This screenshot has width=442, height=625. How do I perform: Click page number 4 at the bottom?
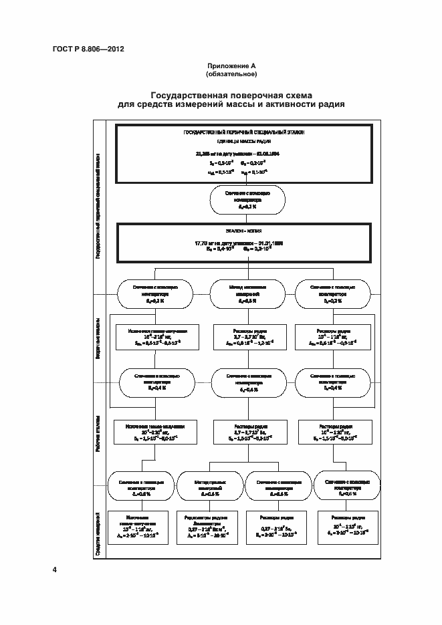(55, 570)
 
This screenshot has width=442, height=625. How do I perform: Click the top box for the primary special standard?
(245, 154)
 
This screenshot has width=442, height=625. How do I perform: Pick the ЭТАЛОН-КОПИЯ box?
(245, 243)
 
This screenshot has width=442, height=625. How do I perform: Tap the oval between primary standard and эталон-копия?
(248, 200)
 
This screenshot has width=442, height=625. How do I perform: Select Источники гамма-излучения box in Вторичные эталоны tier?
(156, 336)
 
